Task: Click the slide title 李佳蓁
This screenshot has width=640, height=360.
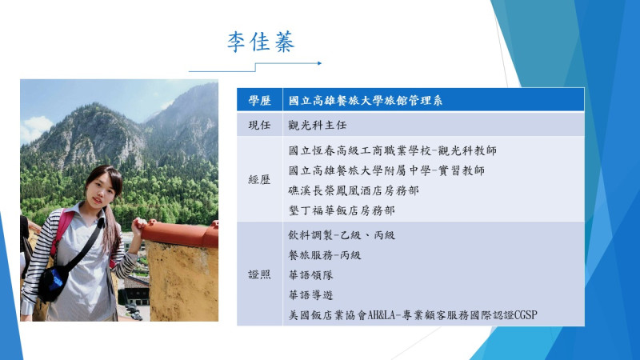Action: tap(261, 42)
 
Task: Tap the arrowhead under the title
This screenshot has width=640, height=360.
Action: tap(319, 63)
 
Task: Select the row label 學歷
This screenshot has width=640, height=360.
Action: tap(259, 101)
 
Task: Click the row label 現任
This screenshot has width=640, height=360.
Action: tap(259, 125)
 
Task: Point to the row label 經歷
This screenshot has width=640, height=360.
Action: tap(259, 179)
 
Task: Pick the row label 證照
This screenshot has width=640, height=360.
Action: tap(259, 274)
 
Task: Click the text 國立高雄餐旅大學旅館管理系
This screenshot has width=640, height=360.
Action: tap(366, 101)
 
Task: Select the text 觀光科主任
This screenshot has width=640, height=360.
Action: tap(317, 125)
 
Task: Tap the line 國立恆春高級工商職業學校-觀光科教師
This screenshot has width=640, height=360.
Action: tap(392, 150)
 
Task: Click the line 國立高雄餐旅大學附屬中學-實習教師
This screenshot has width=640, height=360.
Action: tap(386, 170)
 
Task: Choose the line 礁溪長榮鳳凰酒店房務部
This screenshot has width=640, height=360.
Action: tap(354, 190)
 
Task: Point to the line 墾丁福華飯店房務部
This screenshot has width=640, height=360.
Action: tap(342, 210)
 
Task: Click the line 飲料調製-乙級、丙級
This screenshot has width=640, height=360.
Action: tap(342, 234)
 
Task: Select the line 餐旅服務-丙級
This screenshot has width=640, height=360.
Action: tap(325, 255)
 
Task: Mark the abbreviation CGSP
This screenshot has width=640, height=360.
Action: tap(526, 315)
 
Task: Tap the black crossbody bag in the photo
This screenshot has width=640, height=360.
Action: tap(53, 282)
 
